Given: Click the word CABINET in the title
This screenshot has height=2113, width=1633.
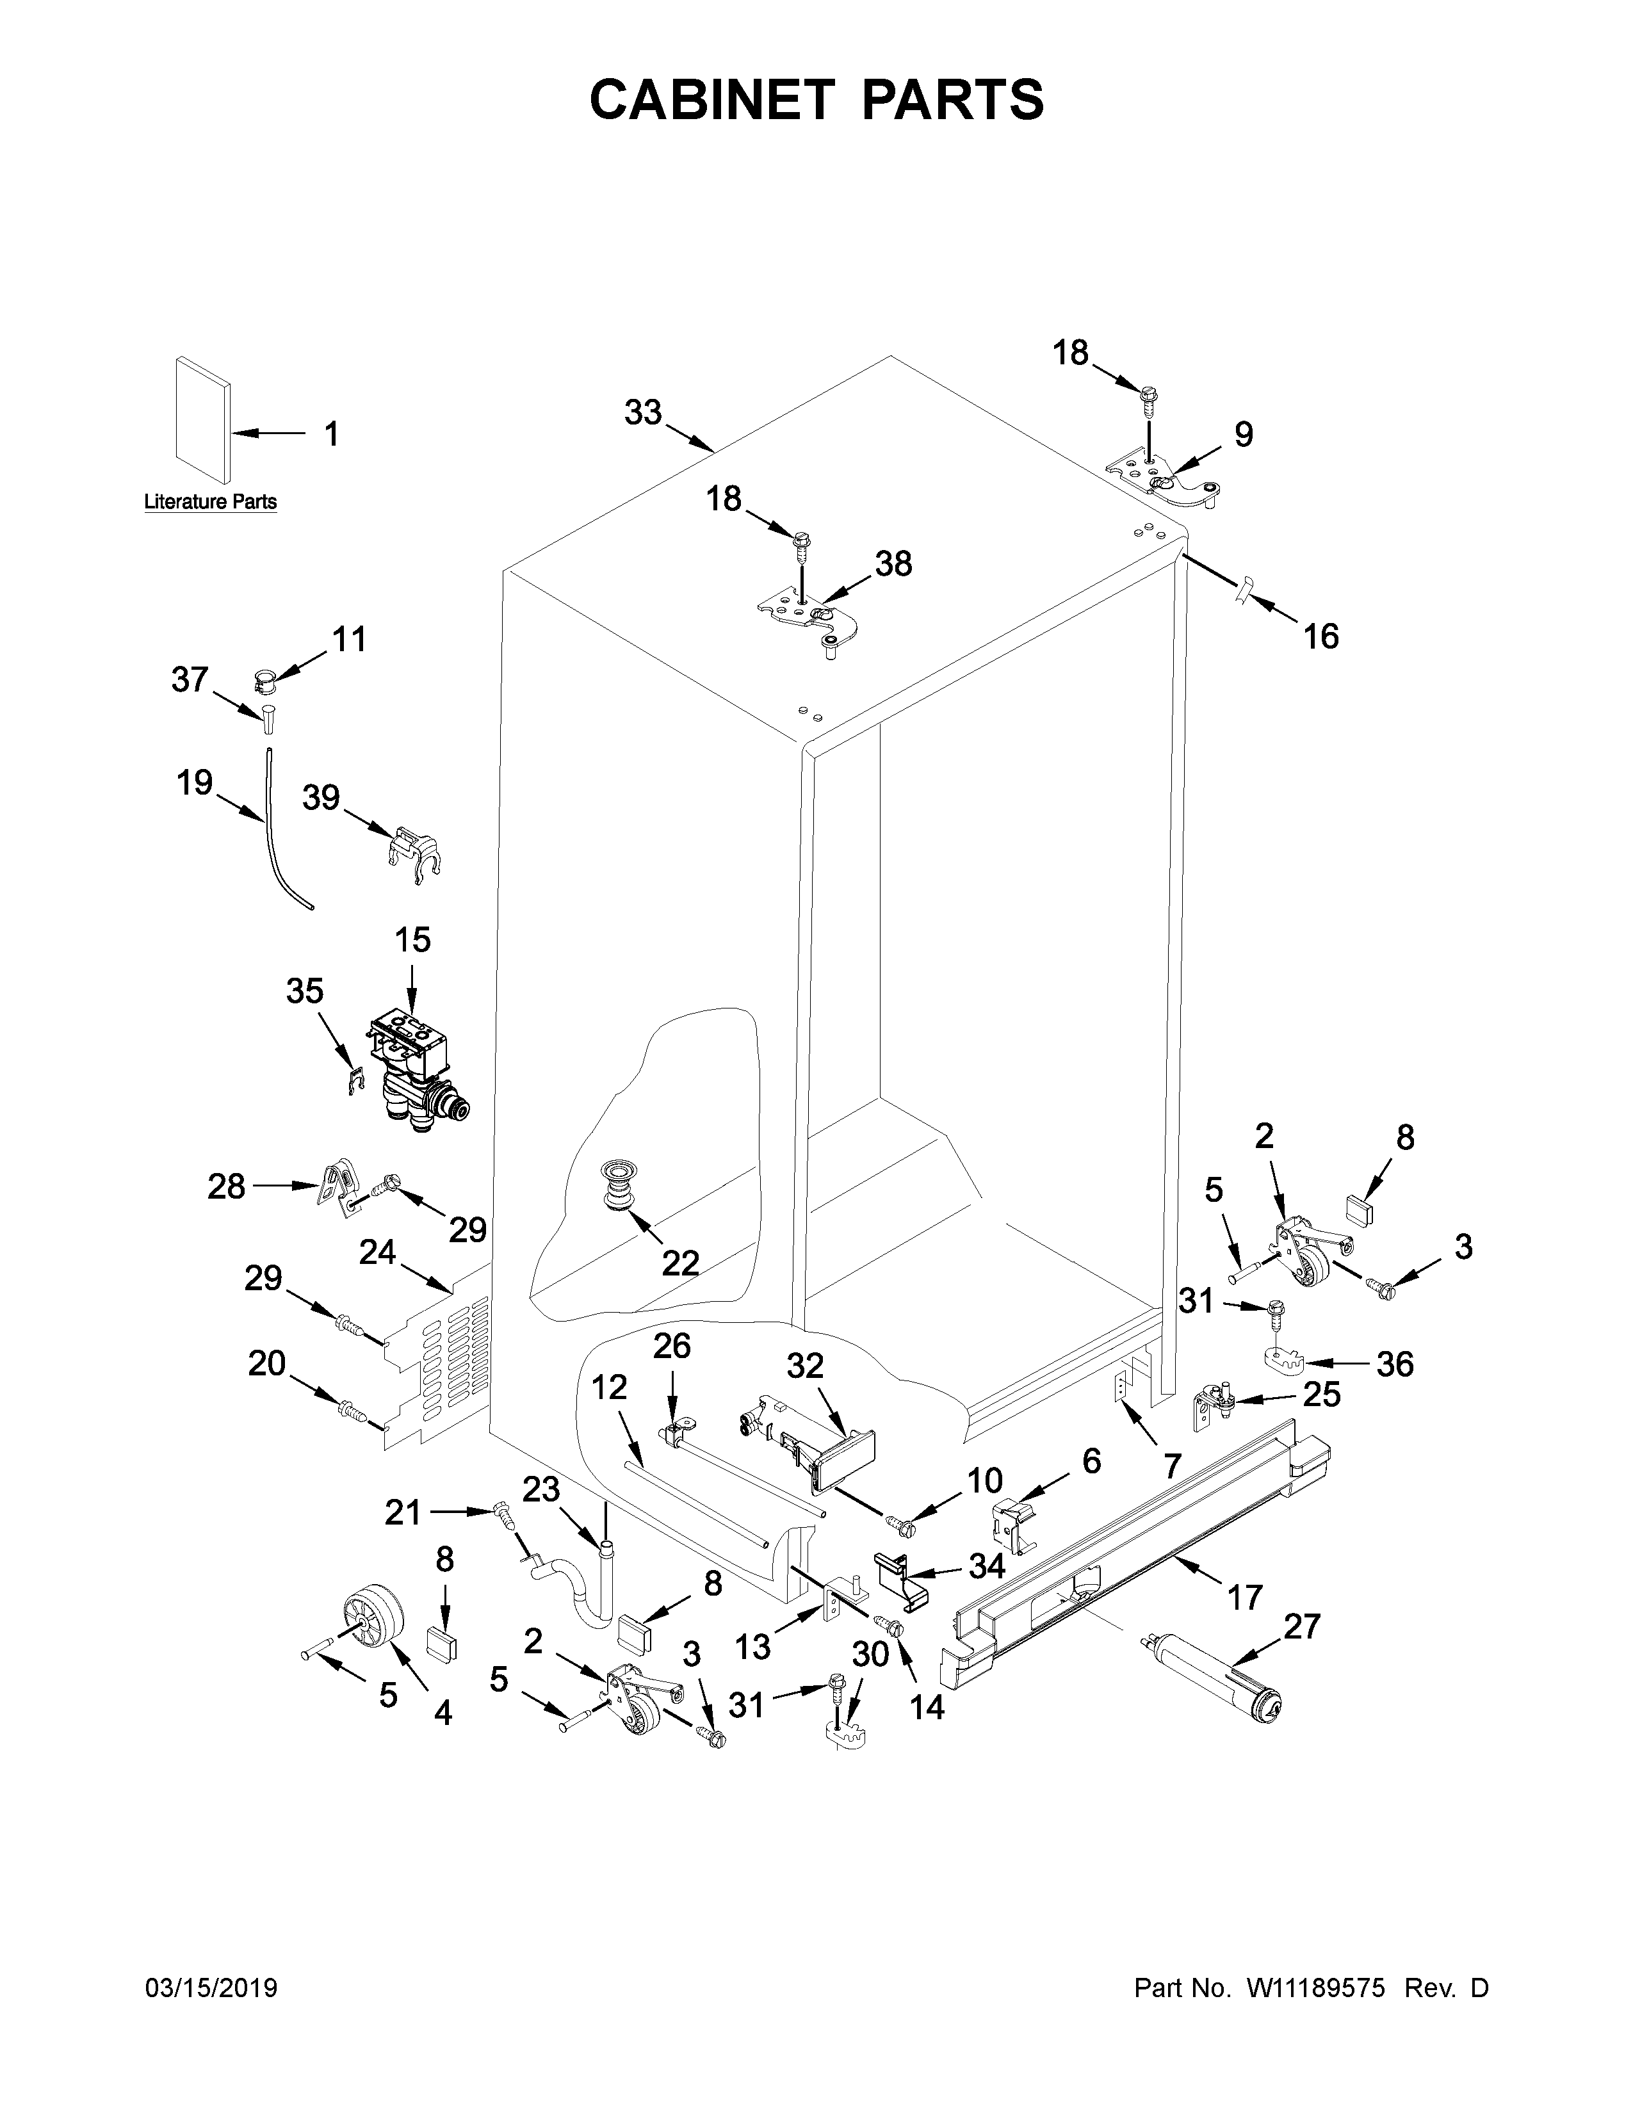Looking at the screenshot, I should [x=711, y=100].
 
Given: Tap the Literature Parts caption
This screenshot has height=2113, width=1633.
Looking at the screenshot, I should [x=210, y=501].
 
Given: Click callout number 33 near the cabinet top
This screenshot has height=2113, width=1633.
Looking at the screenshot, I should [x=642, y=412].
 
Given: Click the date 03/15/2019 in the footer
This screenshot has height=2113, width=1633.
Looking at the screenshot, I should [x=211, y=1988].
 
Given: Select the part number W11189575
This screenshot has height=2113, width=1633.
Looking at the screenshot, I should [x=1317, y=1988].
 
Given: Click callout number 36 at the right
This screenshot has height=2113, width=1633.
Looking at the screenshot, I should [x=1394, y=1363].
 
